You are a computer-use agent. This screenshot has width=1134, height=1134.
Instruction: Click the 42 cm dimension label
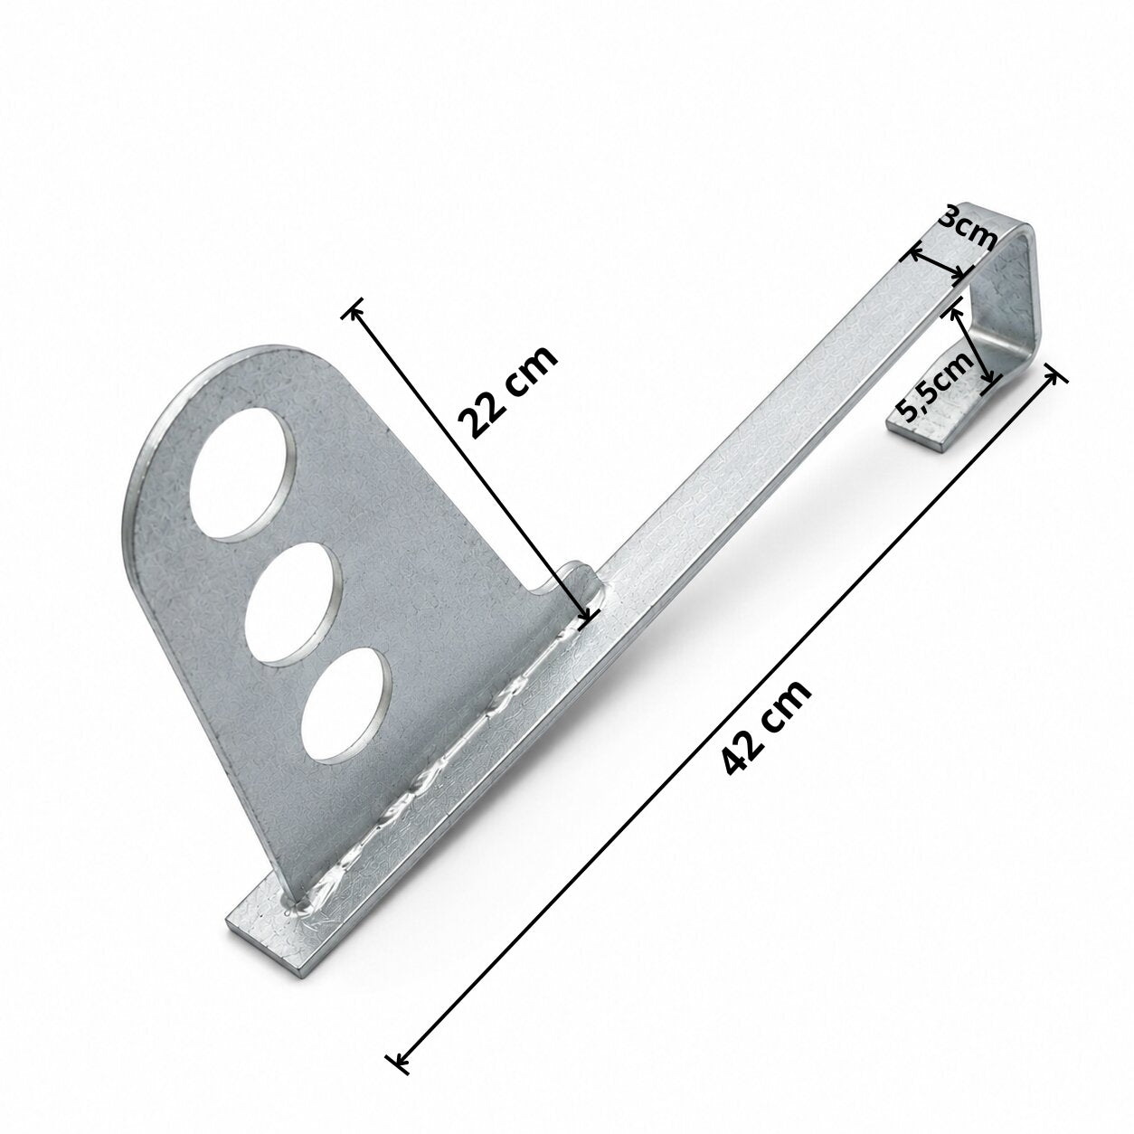767,728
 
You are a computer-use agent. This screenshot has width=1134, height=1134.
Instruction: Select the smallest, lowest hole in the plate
346,706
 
